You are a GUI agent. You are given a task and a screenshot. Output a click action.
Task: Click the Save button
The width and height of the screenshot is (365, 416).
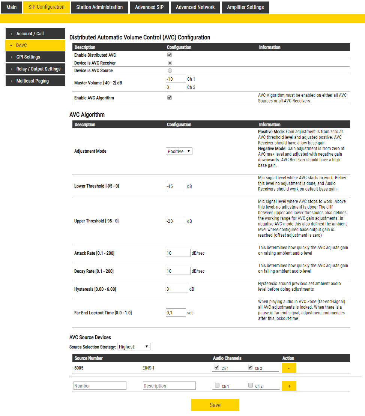click(215, 405)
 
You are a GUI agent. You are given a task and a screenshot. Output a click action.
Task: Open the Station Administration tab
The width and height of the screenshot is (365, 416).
click(99, 7)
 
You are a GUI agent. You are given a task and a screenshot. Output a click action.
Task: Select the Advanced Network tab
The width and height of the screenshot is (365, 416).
click(195, 7)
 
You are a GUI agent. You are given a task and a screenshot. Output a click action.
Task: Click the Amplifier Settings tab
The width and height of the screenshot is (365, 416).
click(245, 7)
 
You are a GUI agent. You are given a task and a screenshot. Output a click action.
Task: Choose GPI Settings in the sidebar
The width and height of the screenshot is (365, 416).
click(35, 57)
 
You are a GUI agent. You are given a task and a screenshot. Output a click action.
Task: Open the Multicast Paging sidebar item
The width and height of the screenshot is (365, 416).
click(35, 81)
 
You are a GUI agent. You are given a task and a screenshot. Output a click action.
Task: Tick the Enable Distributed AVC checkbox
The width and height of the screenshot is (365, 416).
click(170, 55)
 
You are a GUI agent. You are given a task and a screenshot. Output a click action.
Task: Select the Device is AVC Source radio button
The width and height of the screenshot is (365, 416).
click(170, 71)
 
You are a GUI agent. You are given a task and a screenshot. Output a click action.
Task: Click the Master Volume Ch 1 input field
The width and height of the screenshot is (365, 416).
click(176, 79)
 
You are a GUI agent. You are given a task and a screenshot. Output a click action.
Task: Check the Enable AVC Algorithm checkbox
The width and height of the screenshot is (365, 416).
click(170, 98)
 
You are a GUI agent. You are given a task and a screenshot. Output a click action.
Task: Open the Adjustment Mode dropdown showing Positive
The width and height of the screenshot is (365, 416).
click(179, 151)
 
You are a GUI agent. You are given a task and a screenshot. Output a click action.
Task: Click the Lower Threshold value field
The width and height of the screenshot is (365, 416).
click(176, 186)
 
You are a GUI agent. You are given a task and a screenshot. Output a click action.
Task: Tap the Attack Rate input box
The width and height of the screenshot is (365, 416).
click(178, 253)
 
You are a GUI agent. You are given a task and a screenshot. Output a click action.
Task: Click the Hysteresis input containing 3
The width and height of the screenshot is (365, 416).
click(177, 289)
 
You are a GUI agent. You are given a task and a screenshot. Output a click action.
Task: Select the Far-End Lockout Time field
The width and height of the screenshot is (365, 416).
click(176, 312)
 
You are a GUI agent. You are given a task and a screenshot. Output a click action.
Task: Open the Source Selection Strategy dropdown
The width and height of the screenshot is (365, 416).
click(134, 347)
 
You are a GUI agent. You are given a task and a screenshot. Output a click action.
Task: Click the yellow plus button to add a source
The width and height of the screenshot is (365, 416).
click(289, 386)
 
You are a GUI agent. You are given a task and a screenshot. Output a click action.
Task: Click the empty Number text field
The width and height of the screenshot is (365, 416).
click(100, 386)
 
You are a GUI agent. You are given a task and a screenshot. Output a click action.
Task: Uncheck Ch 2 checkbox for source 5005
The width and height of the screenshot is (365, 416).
click(250, 368)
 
